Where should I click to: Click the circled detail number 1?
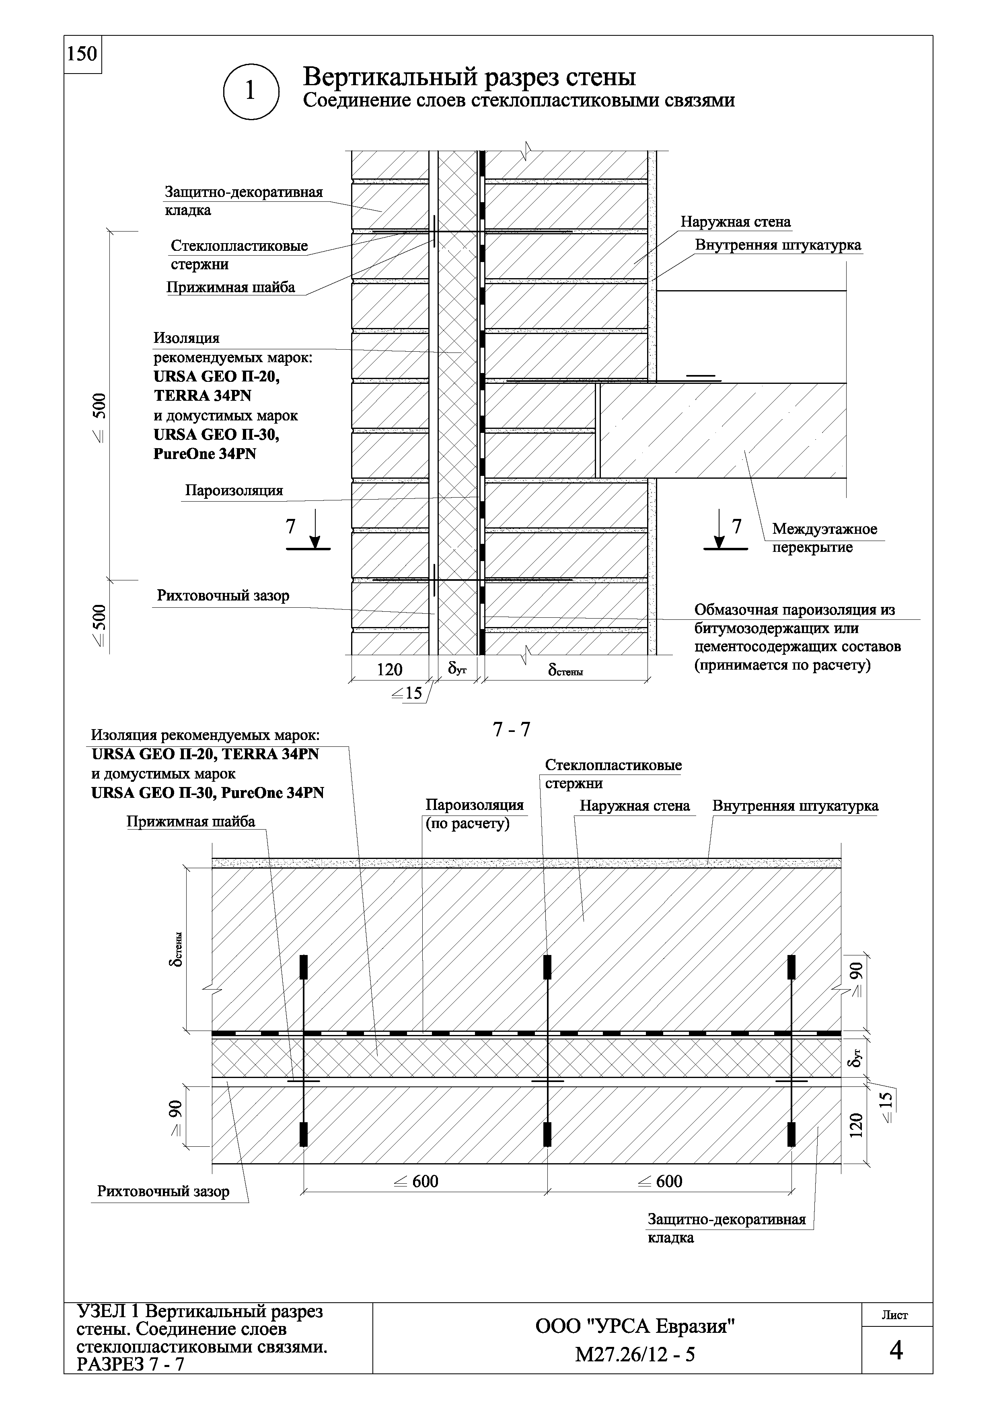pos(250,91)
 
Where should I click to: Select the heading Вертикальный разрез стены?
pos(469,78)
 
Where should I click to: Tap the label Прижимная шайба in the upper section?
pos(231,287)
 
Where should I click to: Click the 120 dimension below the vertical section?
pos(389,669)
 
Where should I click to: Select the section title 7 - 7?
pos(511,730)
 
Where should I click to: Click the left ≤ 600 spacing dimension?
pos(417,1181)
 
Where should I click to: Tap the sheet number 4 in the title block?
pos(896,1351)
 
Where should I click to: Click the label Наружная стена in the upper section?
pos(735,222)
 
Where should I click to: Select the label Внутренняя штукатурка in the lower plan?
pos(795,806)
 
